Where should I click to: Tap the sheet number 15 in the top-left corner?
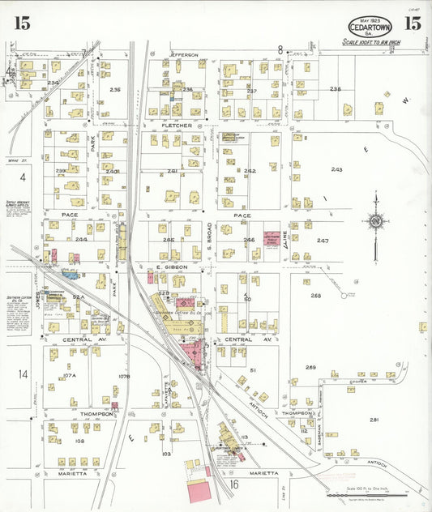click(x=22, y=23)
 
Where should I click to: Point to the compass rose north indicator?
click(x=374, y=221)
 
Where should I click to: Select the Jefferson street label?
click(x=184, y=55)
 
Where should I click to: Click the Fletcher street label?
click(x=176, y=126)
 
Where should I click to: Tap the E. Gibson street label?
click(x=172, y=267)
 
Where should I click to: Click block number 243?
click(x=336, y=169)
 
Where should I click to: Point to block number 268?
click(x=315, y=296)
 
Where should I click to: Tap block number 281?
click(x=374, y=420)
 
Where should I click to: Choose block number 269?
click(x=310, y=368)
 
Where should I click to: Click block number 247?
click(x=323, y=241)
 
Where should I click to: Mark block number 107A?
click(x=70, y=375)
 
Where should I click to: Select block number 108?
click(x=79, y=441)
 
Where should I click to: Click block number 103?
click(x=166, y=454)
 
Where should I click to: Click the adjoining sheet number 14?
click(x=24, y=373)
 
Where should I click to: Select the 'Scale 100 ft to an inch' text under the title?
click(x=372, y=41)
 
